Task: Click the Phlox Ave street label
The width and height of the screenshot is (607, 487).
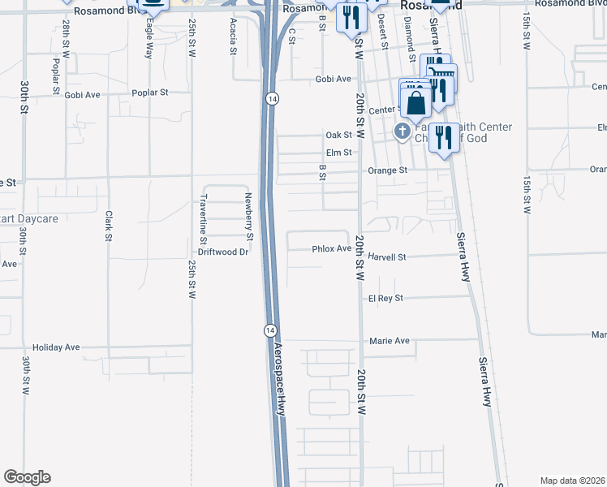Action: [x=331, y=249]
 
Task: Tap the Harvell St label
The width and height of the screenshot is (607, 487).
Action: [x=386, y=256]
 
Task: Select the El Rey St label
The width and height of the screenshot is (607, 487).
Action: [x=385, y=299]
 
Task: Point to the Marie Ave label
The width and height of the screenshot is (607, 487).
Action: [x=390, y=341]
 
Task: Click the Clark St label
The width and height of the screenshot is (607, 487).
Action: [x=108, y=226]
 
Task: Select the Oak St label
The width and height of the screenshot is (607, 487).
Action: [x=338, y=135]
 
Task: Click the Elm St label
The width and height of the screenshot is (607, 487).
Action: [x=338, y=152]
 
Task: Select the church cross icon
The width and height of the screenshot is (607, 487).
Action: [x=402, y=131]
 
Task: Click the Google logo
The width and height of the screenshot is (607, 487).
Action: [x=27, y=477]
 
